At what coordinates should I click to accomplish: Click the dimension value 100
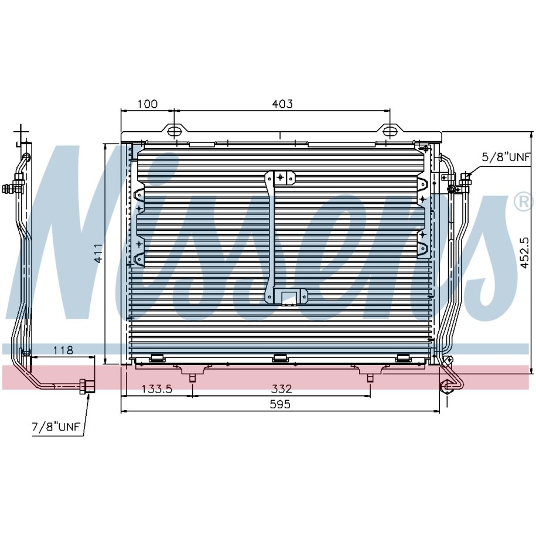click(x=148, y=104)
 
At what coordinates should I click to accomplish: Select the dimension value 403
click(x=282, y=104)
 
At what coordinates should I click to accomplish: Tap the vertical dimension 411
click(x=98, y=253)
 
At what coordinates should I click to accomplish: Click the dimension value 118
click(x=63, y=350)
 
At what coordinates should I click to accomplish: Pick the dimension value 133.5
click(x=157, y=388)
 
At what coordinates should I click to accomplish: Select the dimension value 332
click(x=282, y=388)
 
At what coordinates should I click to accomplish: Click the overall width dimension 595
click(x=280, y=404)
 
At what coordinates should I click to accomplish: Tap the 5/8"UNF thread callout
click(x=506, y=157)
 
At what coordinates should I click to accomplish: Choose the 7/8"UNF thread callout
click(x=56, y=426)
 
